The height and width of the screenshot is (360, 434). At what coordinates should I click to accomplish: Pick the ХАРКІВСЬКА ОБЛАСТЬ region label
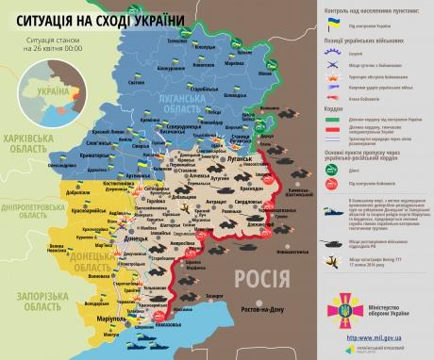coord(30,141)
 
